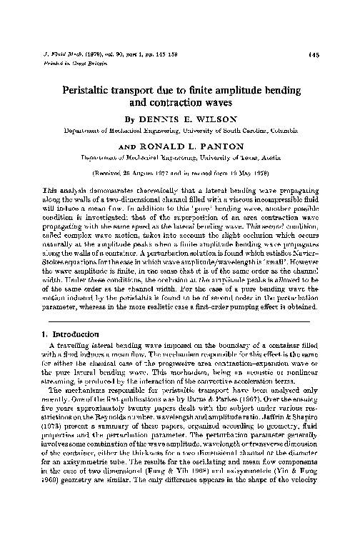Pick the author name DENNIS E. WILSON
click(188, 120)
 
